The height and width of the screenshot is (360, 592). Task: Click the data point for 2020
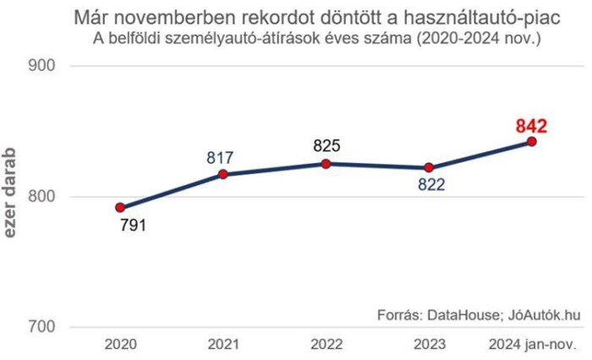pos(120,207)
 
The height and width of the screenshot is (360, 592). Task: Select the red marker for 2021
pos(223,174)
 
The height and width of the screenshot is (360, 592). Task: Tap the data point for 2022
pos(326,163)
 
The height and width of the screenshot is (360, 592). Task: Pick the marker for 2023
pos(429,167)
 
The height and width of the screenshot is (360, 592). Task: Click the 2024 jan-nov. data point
pos(532,141)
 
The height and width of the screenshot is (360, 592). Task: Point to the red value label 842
pos(532,126)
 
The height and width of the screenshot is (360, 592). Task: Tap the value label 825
pos(326,146)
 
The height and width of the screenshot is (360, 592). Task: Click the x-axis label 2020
pos(120,346)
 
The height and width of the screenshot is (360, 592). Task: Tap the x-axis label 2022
pos(326,346)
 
